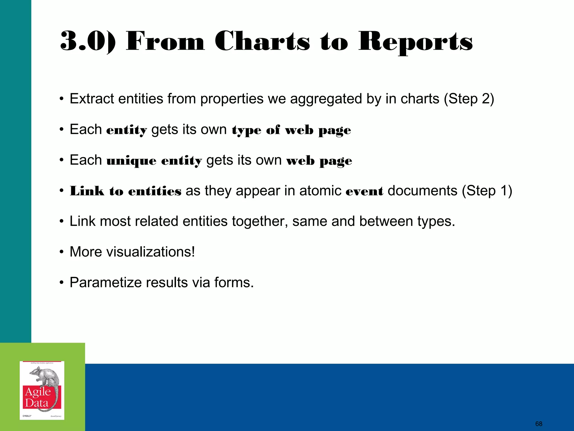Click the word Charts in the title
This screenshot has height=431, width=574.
point(262,42)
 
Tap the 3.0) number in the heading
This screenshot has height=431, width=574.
point(88,42)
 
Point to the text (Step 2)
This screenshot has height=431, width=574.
point(469,99)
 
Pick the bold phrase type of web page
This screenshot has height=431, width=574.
point(291,130)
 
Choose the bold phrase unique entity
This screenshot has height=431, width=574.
point(154,161)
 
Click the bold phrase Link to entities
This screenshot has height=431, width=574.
point(125,191)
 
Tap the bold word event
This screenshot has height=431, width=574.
point(364,191)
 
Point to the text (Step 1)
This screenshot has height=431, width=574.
point(487,191)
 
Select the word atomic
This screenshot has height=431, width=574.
point(320,191)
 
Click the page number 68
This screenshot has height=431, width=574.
point(539,424)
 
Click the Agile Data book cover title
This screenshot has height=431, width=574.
point(38,397)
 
